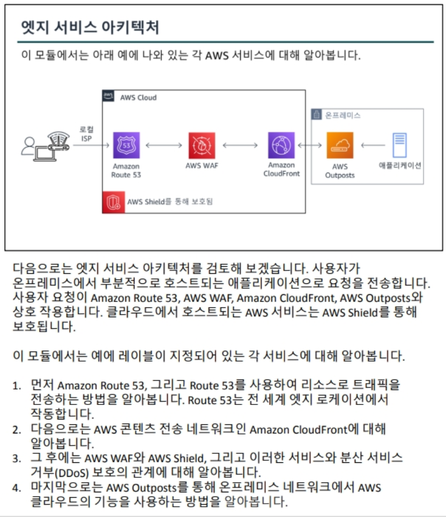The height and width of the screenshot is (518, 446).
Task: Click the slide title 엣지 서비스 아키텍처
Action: [90, 27]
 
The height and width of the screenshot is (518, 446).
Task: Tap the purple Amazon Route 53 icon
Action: [126, 145]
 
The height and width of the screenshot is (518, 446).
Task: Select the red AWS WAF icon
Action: [202, 145]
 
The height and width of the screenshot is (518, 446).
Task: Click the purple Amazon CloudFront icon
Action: [281, 145]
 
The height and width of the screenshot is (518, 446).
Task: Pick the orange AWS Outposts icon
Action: [340, 145]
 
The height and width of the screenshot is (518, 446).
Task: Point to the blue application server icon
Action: [399, 145]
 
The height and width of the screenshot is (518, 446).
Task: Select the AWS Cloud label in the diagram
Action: [138, 97]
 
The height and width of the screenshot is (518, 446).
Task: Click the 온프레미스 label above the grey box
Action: [343, 115]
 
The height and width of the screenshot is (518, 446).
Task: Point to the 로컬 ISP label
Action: [85, 133]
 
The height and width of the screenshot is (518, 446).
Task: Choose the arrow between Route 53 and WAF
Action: [163, 145]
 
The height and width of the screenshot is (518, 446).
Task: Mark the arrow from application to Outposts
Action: [373, 145]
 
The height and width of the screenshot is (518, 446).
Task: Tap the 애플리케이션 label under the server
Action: [400, 166]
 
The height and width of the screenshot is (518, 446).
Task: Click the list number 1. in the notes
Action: [18, 385]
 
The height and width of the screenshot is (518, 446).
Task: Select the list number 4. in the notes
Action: [18, 487]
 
